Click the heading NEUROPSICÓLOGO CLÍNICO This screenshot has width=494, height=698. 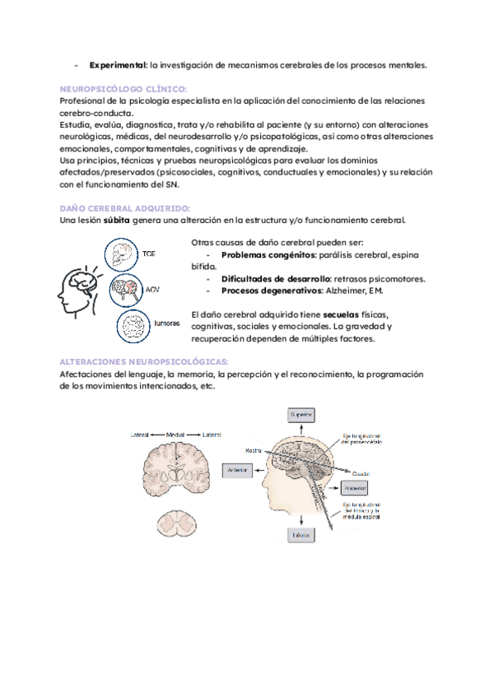(123, 88)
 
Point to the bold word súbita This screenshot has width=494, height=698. (116, 221)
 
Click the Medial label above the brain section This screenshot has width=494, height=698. (175, 434)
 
